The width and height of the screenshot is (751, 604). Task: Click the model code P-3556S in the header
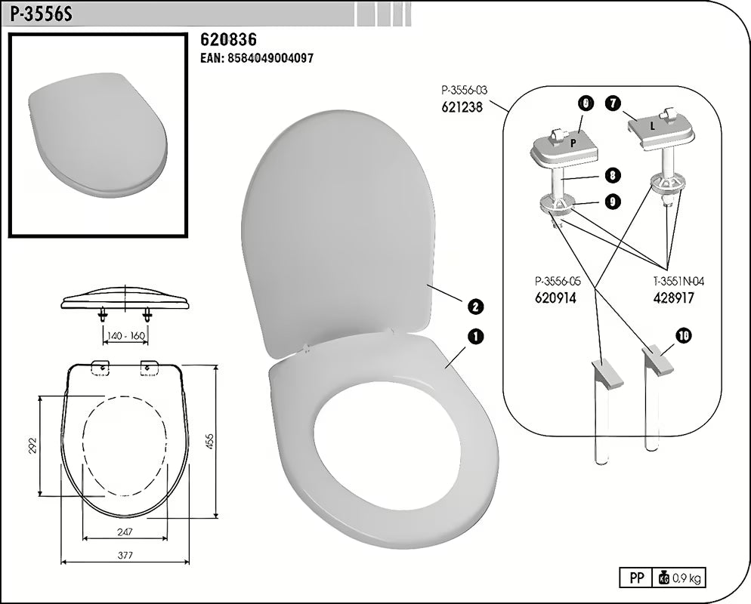point(41,14)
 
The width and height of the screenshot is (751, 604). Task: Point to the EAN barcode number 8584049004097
point(256,58)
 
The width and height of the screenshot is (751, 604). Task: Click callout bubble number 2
point(476,307)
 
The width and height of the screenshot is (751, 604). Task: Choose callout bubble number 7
point(612,104)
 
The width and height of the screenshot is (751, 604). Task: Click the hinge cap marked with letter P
point(573,142)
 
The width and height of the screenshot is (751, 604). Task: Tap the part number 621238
point(461,107)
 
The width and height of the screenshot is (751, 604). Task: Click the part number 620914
point(555,298)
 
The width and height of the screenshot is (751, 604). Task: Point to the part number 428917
point(673,298)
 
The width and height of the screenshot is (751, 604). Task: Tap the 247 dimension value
point(125,532)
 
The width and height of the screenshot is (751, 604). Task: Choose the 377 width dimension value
point(125,556)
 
